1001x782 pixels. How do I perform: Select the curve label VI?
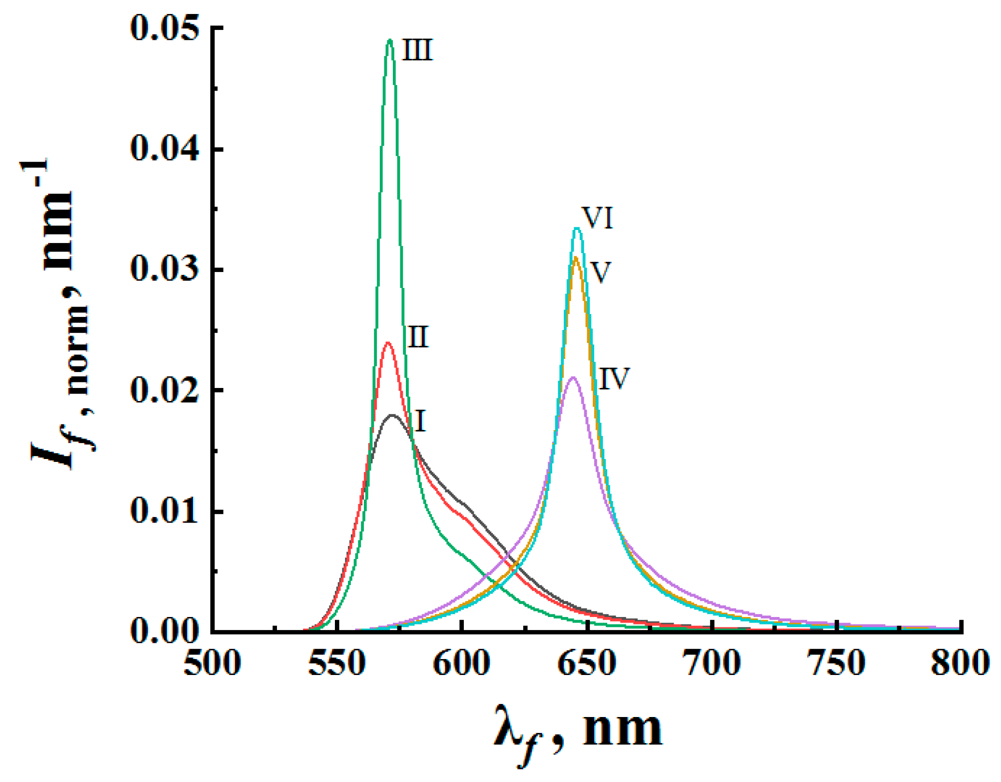pyautogui.click(x=597, y=218)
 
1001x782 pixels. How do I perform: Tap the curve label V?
pyautogui.click(x=600, y=272)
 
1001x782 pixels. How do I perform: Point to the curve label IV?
pyautogui.click(x=614, y=379)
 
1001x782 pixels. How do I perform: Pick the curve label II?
pyautogui.click(x=417, y=337)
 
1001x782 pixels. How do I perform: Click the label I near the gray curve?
pyautogui.click(x=420, y=422)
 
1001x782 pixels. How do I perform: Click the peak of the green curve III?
pyautogui.click(x=390, y=40)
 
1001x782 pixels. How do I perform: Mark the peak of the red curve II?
pyautogui.click(x=388, y=343)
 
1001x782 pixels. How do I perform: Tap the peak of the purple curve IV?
pyautogui.click(x=573, y=377)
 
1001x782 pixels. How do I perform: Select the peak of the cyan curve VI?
pyautogui.click(x=577, y=228)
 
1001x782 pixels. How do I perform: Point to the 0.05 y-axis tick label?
pyautogui.click(x=164, y=28)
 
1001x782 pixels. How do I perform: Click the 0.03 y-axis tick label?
pyautogui.click(x=164, y=270)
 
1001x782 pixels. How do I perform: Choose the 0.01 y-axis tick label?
pyautogui.click(x=164, y=511)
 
